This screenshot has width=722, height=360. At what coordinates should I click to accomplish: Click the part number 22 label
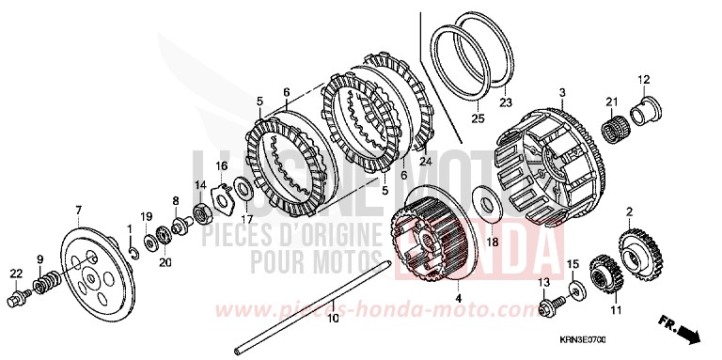click(x=16, y=273)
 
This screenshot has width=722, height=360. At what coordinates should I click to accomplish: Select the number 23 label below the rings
click(x=505, y=102)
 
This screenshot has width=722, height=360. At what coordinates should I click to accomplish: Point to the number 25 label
click(x=475, y=119)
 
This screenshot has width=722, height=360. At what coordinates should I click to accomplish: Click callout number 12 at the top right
click(x=644, y=78)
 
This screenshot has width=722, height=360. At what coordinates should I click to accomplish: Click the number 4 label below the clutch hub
click(x=459, y=299)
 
